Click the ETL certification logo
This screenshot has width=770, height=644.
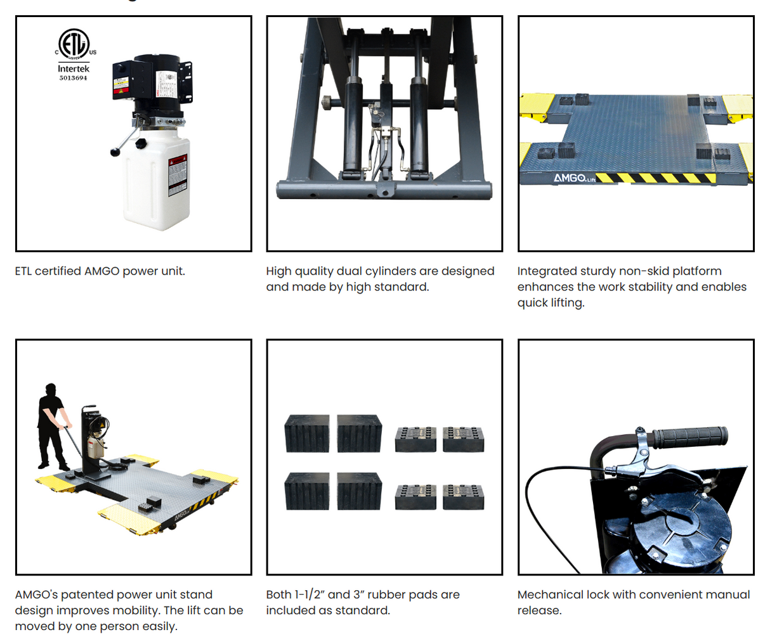coord(75,44)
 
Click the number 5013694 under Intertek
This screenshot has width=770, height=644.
coord(74,78)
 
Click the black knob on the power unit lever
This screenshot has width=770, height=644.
coord(115,152)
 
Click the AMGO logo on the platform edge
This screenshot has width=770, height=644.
coord(570,178)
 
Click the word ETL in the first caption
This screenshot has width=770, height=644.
coord(23,271)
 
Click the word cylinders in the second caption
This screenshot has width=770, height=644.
coord(391,271)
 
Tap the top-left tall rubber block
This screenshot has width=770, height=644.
coord(308,434)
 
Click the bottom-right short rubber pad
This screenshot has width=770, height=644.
coord(464,497)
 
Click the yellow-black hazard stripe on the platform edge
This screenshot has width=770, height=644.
coord(653,178)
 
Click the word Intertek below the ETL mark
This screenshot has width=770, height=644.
coord(74,68)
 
